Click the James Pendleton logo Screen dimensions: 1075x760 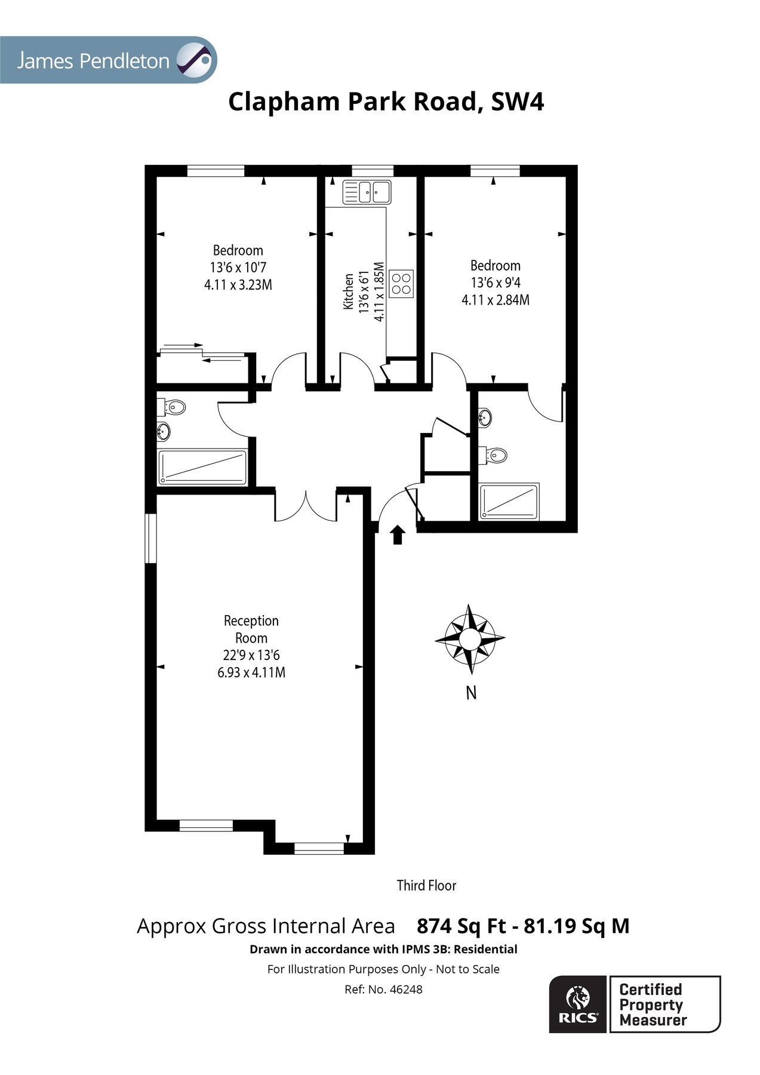pyautogui.click(x=107, y=60)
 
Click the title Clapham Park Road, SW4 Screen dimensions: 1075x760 pyautogui.click(x=386, y=102)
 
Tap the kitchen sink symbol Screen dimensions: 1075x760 pyautogui.click(x=366, y=192)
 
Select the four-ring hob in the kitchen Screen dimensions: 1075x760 pyautogui.click(x=401, y=283)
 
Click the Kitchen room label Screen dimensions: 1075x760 pyautogui.click(x=348, y=291)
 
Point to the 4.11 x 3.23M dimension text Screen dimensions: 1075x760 pyautogui.click(x=238, y=285)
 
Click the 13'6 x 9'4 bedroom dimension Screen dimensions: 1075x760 pyautogui.click(x=495, y=282)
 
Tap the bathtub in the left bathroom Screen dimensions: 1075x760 pyautogui.click(x=202, y=467)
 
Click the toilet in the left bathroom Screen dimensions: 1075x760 pyautogui.click(x=173, y=408)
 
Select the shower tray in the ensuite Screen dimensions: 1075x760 pyautogui.click(x=510, y=501)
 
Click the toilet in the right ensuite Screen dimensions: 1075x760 pyautogui.click(x=496, y=456)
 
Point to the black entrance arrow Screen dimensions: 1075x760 pyautogui.click(x=397, y=535)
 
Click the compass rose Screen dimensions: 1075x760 pyautogui.click(x=470, y=638)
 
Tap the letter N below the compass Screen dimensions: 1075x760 pyautogui.click(x=471, y=693)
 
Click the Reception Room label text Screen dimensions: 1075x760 pyautogui.click(x=251, y=629)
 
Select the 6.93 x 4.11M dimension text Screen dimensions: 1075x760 pyautogui.click(x=251, y=672)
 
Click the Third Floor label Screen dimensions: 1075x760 pyautogui.click(x=426, y=885)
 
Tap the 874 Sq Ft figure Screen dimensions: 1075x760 pyautogui.click(x=460, y=926)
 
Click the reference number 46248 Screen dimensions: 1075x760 pyautogui.click(x=405, y=990)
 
